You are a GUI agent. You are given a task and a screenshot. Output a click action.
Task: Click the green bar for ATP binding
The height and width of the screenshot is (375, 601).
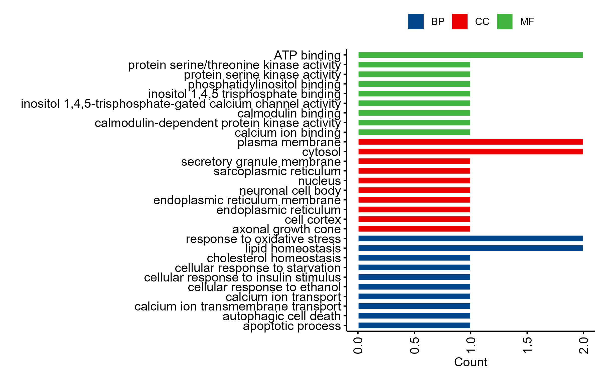[x=470, y=55]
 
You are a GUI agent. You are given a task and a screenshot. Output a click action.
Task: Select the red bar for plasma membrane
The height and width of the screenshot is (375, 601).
[x=470, y=142]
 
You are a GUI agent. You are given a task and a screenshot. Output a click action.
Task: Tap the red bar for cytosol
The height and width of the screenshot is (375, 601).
[x=470, y=151]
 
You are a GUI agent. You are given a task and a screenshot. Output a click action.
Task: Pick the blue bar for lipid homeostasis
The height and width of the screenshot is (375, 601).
[x=470, y=248]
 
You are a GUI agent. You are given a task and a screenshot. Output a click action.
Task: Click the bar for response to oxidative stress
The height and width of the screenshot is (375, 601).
[x=470, y=238]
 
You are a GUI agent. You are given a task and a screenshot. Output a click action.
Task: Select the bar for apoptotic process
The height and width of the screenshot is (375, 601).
[x=414, y=325]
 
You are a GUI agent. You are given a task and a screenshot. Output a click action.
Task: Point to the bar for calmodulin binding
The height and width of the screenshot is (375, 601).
[x=414, y=113]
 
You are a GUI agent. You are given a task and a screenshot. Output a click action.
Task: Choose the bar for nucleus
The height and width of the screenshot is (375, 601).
[x=414, y=180]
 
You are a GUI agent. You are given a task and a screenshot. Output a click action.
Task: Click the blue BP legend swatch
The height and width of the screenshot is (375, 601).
[x=416, y=21]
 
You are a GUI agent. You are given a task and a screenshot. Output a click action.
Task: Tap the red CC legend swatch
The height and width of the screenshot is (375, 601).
[x=460, y=21]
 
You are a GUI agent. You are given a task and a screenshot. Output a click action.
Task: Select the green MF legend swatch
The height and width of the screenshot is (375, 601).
[x=505, y=21]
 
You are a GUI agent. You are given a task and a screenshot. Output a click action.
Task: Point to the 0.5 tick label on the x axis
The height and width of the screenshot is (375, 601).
[x=414, y=345]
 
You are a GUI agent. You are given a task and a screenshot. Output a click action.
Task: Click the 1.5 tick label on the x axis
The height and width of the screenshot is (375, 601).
[x=527, y=345]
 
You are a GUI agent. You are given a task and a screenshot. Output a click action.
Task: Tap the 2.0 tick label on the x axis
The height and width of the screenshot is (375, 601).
[x=583, y=345]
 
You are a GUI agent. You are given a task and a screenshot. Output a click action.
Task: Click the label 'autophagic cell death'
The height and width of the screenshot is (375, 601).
[x=282, y=316]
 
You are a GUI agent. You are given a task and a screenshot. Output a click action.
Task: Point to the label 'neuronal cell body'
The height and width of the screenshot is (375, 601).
[x=290, y=191]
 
